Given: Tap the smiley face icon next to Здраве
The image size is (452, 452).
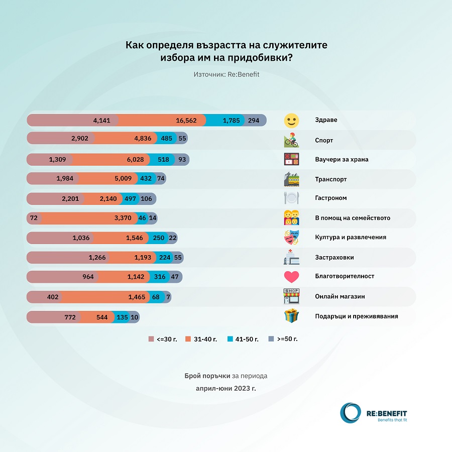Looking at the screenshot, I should (291, 121).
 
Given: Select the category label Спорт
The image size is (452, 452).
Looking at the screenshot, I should (323, 141).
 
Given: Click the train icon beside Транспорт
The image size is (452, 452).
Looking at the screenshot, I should (291, 179).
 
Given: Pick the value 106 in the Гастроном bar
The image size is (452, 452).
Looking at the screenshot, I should (147, 198).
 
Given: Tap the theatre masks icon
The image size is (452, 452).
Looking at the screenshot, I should (291, 237).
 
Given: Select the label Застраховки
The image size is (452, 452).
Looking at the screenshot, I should (334, 257).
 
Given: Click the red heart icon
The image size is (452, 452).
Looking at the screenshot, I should (291, 277).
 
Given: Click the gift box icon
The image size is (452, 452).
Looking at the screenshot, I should (291, 316).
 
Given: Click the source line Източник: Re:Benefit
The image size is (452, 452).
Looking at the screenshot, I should (226, 74).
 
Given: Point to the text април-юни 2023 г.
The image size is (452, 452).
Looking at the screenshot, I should (226, 388).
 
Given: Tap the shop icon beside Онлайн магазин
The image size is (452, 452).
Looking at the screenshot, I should (291, 296).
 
